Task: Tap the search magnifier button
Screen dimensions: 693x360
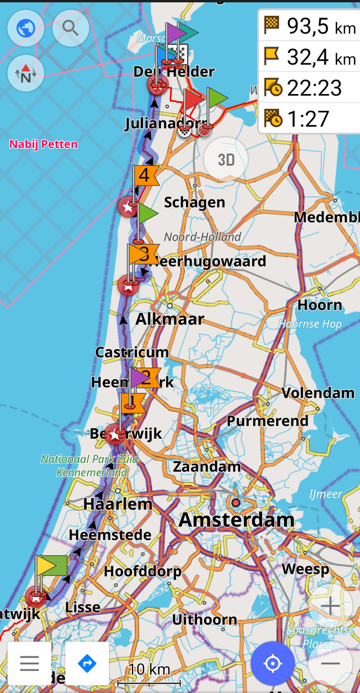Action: click(x=70, y=28)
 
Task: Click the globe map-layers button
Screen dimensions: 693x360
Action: click(x=26, y=28)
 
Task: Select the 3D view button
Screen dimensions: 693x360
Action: click(x=226, y=160)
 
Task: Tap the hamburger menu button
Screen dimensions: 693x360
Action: click(x=30, y=663)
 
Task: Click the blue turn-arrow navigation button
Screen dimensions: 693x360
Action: click(x=87, y=663)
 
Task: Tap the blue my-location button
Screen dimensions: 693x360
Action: click(x=273, y=663)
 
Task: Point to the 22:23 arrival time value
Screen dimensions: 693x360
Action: click(x=314, y=88)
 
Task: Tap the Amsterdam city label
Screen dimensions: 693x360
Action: click(x=236, y=520)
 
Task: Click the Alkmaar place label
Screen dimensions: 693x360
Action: click(x=170, y=319)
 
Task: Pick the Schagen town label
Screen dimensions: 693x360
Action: click(x=195, y=202)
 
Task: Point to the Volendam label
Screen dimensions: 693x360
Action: click(x=318, y=393)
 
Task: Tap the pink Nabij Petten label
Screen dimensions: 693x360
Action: click(x=43, y=145)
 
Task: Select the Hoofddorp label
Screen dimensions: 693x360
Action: click(x=142, y=571)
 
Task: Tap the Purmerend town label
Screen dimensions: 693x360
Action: click(x=267, y=421)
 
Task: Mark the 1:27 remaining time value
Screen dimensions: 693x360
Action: click(x=308, y=119)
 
